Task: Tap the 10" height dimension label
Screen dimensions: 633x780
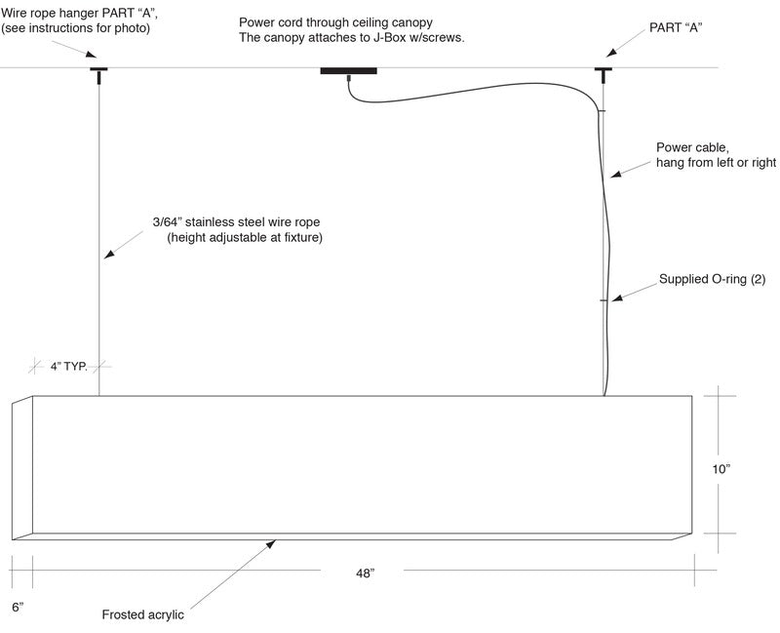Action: point(721,469)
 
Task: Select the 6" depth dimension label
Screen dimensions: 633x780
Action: point(17,607)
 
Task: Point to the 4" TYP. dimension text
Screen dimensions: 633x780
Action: point(69,368)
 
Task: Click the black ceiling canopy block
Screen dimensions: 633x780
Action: point(348,70)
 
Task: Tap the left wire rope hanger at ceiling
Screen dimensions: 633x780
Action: point(98,73)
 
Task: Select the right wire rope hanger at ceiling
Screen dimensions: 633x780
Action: point(603,73)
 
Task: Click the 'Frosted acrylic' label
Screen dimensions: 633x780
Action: point(142,615)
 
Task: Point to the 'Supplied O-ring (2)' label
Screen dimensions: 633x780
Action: point(712,279)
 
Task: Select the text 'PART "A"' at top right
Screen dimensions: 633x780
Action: point(676,27)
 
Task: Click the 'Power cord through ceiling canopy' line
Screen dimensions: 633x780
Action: point(335,22)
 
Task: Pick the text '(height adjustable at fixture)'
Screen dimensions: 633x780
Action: point(244,237)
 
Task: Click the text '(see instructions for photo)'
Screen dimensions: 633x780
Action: point(76,28)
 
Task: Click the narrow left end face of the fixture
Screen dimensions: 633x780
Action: point(22,468)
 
